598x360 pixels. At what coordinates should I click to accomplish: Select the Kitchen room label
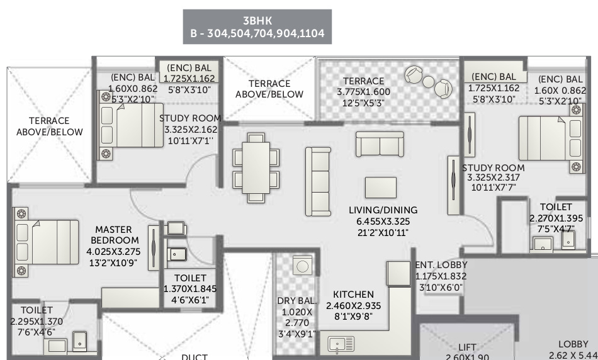point(353,294)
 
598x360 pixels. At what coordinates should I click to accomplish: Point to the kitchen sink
point(341,344)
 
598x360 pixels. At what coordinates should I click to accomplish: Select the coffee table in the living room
point(381,188)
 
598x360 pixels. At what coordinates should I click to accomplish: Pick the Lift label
point(467,347)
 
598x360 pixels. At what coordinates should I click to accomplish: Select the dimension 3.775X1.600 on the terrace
point(363,92)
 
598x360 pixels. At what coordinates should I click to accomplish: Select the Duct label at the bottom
point(195,356)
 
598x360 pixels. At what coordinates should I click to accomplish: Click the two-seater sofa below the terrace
point(376,143)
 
